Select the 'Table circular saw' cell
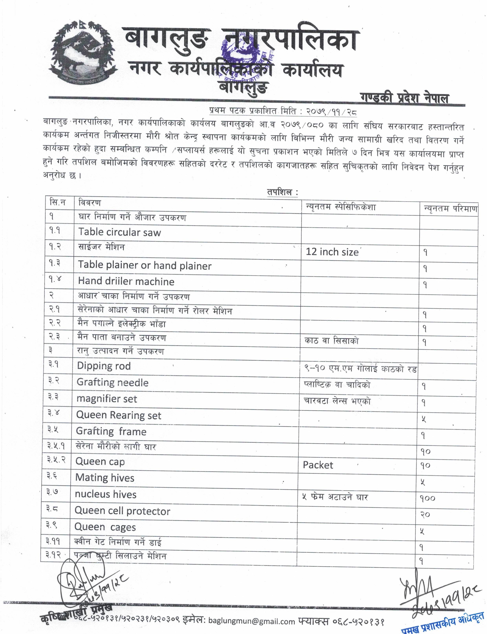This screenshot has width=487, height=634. click(x=119, y=232)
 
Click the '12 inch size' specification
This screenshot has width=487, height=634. click(x=332, y=252)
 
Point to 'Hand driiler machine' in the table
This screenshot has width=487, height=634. click(x=126, y=282)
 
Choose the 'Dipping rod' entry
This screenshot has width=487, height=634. click(x=104, y=366)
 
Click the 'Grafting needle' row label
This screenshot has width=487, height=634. click(x=113, y=382)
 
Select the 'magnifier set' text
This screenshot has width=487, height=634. click(x=107, y=399)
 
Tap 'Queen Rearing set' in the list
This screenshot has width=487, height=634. click(x=119, y=415)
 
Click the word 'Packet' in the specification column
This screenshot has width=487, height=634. click(x=318, y=465)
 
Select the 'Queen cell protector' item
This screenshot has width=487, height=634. click(x=122, y=511)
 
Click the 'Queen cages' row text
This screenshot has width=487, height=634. click(x=105, y=527)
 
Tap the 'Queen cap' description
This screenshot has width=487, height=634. click(x=100, y=462)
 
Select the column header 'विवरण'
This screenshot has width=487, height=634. click(x=90, y=203)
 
